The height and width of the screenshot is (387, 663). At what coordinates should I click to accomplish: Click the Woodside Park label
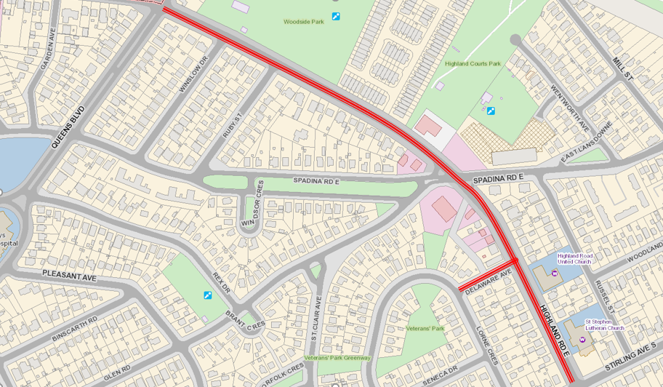click(x=303, y=22)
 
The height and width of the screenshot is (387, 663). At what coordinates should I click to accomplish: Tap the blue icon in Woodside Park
click(x=336, y=16)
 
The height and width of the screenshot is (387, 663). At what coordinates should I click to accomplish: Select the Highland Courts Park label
click(x=473, y=64)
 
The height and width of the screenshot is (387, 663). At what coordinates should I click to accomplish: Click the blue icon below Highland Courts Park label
click(x=491, y=111)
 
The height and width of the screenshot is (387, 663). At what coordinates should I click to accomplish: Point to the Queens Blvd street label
click(x=68, y=128)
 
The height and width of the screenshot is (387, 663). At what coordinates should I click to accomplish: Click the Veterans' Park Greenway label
click(x=337, y=358)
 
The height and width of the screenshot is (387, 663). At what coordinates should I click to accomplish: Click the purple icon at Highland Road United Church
click(x=555, y=274)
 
